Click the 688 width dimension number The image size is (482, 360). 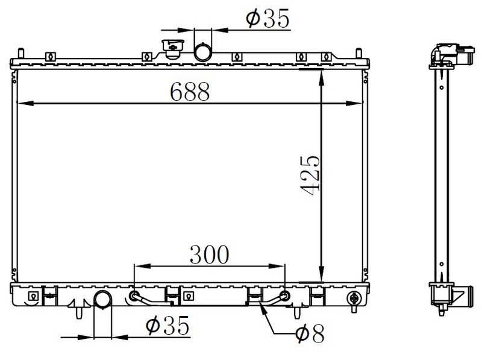pyautogui.click(x=190, y=92)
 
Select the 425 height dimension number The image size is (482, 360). pyautogui.click(x=310, y=175)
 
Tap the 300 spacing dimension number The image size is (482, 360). pyautogui.click(x=209, y=254)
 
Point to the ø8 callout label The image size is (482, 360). pyautogui.click(x=310, y=333)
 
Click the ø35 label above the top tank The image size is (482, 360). pyautogui.click(x=268, y=18)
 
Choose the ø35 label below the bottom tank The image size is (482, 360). pyautogui.click(x=167, y=325)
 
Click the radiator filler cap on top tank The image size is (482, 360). pyautogui.click(x=173, y=49)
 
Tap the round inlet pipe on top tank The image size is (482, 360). pyautogui.click(x=203, y=52)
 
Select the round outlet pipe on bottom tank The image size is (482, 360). pyautogui.click(x=102, y=298)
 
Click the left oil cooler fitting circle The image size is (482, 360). pyautogui.click(x=134, y=296)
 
